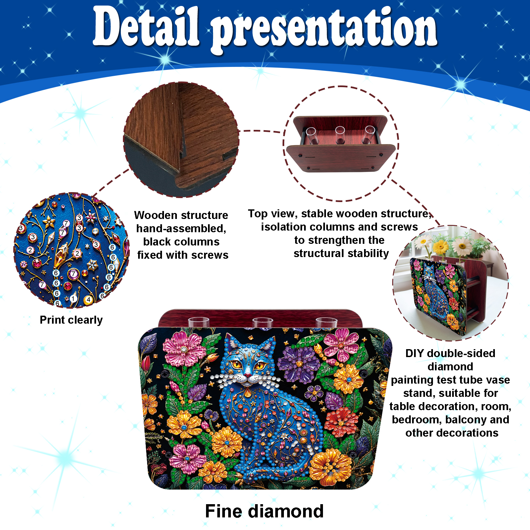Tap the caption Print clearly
coord(71,320)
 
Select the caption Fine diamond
coord(264,511)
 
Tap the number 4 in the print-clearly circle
coord(88,299)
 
